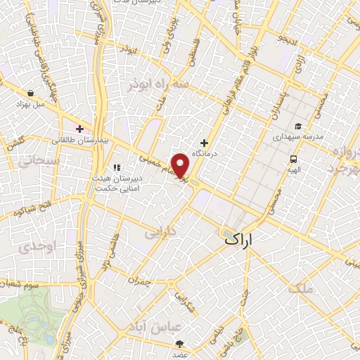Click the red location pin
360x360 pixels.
pyautogui.click(x=181, y=165)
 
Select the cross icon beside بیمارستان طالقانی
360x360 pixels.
pyautogui.click(x=80, y=129)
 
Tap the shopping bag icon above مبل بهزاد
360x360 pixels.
pyautogui.click(x=31, y=92)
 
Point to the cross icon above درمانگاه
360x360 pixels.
pyautogui.click(x=205, y=143)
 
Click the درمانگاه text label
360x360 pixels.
pyautogui.click(x=206, y=153)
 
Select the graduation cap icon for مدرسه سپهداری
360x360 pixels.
pyautogui.click(x=298, y=127)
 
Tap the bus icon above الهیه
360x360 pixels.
pyautogui.click(x=292, y=158)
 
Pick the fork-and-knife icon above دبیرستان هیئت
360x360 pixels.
pyautogui.click(x=117, y=167)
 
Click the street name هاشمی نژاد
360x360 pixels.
pyautogui.click(x=107, y=253)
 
